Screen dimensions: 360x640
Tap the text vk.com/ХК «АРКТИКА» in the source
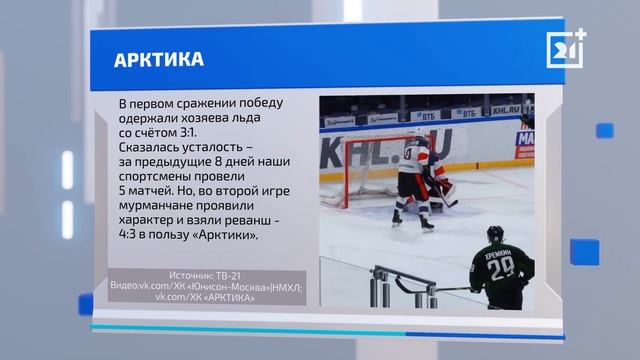(x=201, y=296)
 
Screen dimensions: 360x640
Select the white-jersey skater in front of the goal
(x=408, y=180)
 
